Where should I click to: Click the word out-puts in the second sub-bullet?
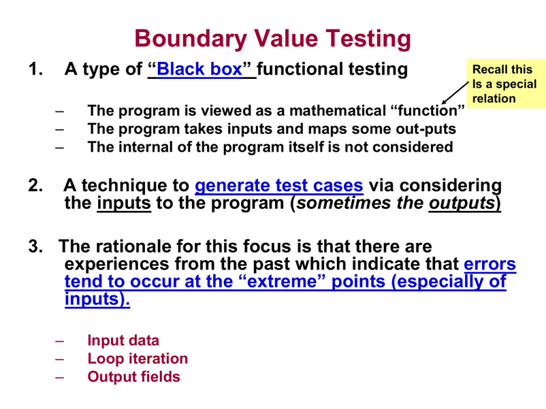[426, 129]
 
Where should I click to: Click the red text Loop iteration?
[137, 359]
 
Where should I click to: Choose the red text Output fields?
[134, 376]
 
